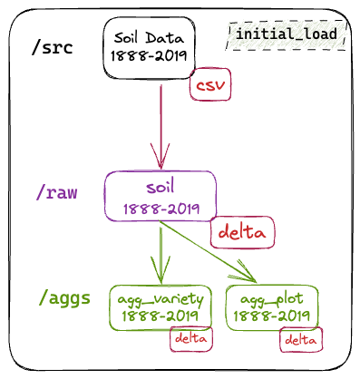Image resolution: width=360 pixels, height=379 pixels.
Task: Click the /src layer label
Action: [52, 47]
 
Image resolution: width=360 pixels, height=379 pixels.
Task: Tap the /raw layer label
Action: [56, 192]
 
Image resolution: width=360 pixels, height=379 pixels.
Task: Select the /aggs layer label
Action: [64, 298]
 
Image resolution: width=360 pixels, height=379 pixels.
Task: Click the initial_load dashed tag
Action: [286, 34]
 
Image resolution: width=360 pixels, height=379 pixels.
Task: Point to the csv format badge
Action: [210, 84]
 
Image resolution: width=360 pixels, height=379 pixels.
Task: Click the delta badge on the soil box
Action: [242, 232]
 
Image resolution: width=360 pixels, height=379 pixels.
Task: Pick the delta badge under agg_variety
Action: [191, 339]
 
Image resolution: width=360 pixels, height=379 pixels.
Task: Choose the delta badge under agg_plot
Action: [301, 340]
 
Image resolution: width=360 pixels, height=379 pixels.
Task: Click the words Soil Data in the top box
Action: [149, 38]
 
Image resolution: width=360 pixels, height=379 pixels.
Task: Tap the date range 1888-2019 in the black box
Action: [149, 55]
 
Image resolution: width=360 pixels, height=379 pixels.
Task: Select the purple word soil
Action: [161, 187]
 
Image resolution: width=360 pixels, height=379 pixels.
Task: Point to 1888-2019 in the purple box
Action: [161, 209]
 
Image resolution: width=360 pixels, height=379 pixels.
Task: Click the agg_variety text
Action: [161, 300]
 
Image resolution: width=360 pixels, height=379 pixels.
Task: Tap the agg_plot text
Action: [272, 299]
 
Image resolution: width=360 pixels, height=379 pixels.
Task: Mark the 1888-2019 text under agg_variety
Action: [161, 316]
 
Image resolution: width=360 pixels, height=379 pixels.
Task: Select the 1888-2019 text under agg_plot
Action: [272, 316]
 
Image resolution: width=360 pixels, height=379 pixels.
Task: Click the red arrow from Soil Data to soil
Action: [161, 127]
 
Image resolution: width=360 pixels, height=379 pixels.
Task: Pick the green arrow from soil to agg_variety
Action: [161, 256]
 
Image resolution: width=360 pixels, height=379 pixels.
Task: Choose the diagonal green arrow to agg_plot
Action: [208, 252]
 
